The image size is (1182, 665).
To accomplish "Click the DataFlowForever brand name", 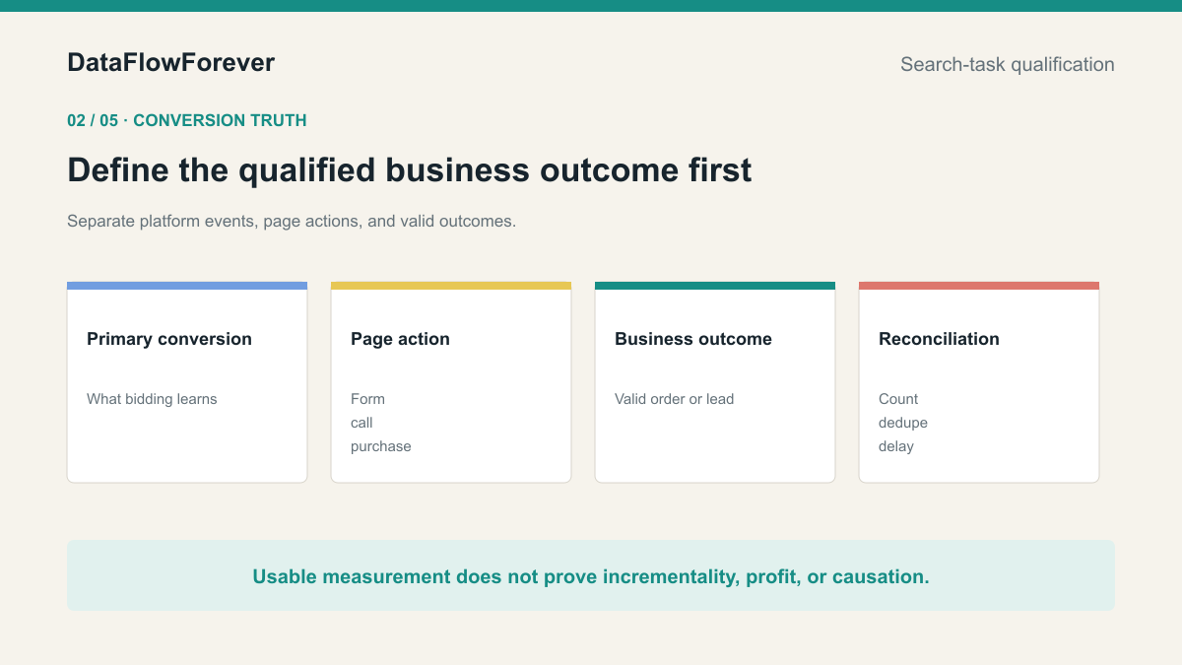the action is coord(171,63).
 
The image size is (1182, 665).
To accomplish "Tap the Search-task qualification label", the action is coord(1008,64).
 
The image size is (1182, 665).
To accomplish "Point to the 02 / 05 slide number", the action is coord(93,120).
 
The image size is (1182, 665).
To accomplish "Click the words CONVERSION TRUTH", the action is coord(220,120).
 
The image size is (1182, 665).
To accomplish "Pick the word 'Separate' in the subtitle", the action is coord(100,221).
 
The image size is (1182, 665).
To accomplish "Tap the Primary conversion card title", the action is coord(169,339).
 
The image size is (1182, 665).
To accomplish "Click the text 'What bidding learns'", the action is coord(152,399).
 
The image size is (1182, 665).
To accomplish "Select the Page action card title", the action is coord(400,339).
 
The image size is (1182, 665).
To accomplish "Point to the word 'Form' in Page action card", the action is coord(367,399).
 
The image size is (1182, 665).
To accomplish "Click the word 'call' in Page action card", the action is coord(361,423).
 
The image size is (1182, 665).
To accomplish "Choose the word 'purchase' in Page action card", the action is coord(381,446).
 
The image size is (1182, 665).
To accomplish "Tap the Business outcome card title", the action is coord(693,339).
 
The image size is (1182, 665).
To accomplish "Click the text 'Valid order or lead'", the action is coord(675,399).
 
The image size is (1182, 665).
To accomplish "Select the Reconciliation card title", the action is coord(939,339).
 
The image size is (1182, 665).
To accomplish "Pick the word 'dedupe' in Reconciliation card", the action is coord(903,423).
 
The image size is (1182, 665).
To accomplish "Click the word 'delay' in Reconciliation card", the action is coord(896,446).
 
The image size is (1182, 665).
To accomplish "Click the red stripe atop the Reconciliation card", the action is coord(979,286).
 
